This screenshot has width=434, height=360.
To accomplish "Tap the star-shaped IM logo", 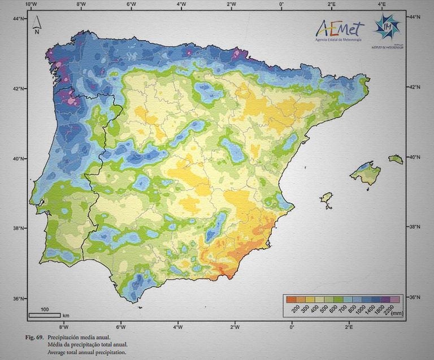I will (388, 26).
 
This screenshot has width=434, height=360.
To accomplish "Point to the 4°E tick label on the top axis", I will (382, 5).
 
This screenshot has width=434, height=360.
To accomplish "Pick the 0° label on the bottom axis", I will (292, 327).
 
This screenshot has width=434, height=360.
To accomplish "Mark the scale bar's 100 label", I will (45, 310).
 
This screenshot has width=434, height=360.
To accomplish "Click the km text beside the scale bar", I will (66, 315).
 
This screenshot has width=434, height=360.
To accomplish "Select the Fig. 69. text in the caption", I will (36, 337).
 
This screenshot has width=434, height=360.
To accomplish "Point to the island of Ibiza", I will (326, 198).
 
